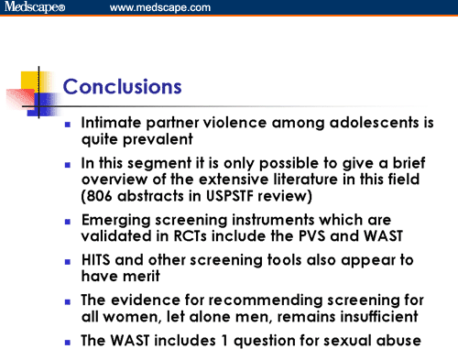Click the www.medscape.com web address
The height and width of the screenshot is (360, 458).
(x=160, y=8)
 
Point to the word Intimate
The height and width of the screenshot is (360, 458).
(x=112, y=122)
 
